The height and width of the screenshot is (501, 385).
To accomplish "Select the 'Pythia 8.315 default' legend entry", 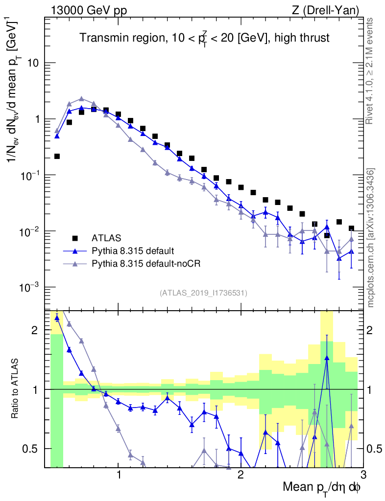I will pyautogui.click(x=132, y=251).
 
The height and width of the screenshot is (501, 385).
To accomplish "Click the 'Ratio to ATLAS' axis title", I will pyautogui.click(x=16, y=389).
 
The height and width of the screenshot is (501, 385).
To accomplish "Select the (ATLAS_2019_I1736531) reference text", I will pyautogui.click(x=203, y=293).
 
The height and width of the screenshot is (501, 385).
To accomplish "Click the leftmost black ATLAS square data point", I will pyautogui.click(x=57, y=157).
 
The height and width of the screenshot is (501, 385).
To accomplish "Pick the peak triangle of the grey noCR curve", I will pyautogui.click(x=82, y=98).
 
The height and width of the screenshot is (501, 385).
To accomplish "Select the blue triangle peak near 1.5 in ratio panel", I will pyautogui.click(x=327, y=358).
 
